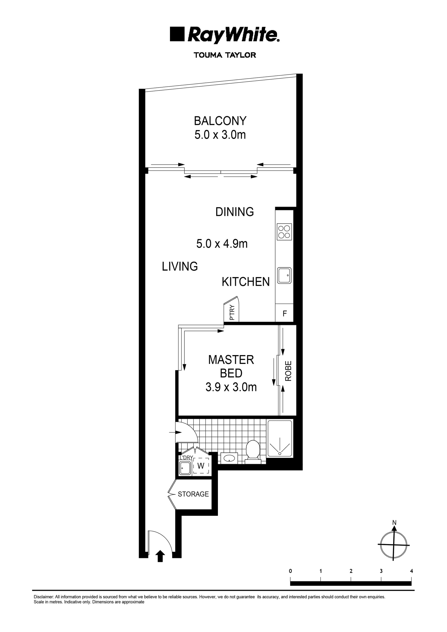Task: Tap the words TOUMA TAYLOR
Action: pyautogui.click(x=225, y=55)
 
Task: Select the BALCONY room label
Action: pyautogui.click(x=220, y=121)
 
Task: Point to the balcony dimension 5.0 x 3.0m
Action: pyautogui.click(x=220, y=135)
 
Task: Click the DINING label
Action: pyautogui.click(x=234, y=212)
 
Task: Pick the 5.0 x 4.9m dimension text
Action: pyautogui.click(x=222, y=244)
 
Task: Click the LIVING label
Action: pyautogui.click(x=179, y=266)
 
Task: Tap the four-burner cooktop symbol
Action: pyautogui.click(x=284, y=232)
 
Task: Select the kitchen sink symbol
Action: pyautogui.click(x=284, y=275)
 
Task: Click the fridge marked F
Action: pyautogui.click(x=284, y=313)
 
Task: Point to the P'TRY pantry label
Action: pyautogui.click(x=232, y=313)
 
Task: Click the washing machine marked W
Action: pyautogui.click(x=201, y=466)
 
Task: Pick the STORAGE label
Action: pyautogui.click(x=193, y=494)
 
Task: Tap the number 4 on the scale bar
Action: pyautogui.click(x=411, y=571)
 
